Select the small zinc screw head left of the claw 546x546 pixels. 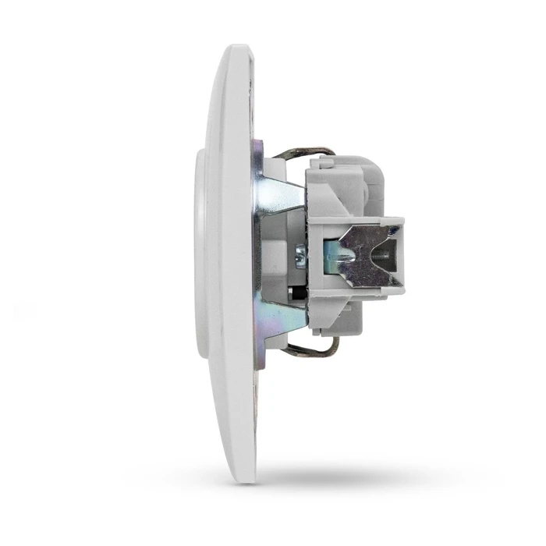coord(299,254)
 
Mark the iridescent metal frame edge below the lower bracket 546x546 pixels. coord(261,351)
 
